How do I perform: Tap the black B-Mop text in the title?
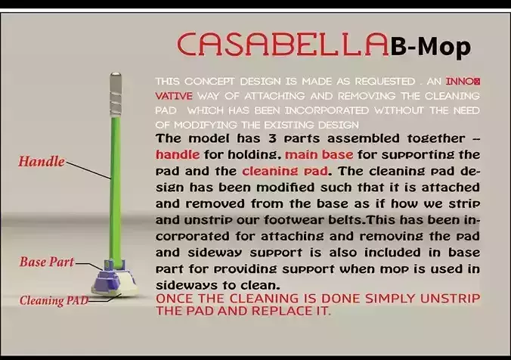(431, 47)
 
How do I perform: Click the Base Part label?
(47, 262)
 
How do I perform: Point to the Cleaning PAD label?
(54, 300)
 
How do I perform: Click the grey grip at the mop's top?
(115, 91)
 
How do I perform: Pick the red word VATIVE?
(174, 96)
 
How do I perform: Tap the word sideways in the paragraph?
(184, 284)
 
